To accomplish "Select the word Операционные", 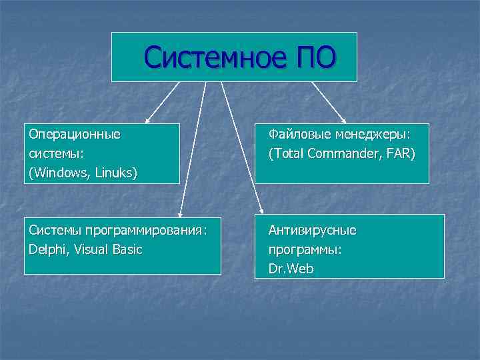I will coord(75,134).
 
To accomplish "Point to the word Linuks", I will coord(114,173).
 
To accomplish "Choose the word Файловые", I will coord(299,134).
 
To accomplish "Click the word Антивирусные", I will coord(312,230).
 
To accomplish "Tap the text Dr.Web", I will coord(291,269).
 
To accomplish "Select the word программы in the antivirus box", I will coord(305,249).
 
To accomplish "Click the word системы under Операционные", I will coord(51,153).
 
